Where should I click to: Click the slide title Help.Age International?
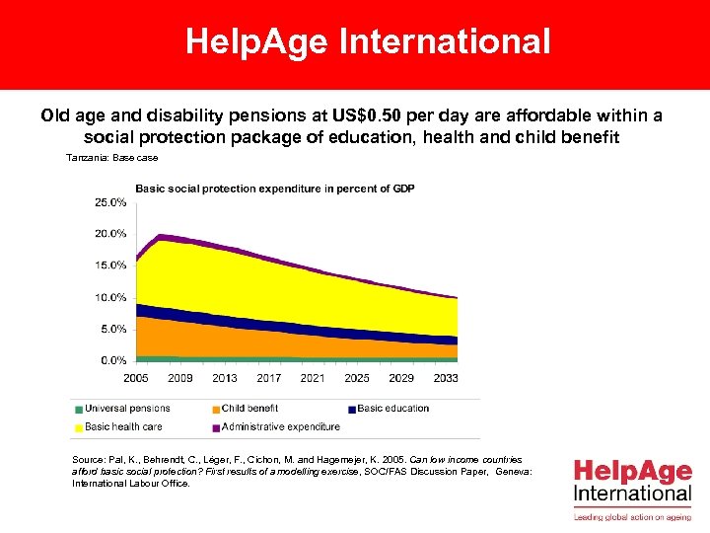coord(368,41)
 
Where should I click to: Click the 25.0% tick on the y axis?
coord(109,202)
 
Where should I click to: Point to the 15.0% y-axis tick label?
coord(109,266)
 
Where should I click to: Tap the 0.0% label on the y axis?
coord(111,360)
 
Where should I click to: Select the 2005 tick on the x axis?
coord(137,378)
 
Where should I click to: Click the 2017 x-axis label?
coord(269,378)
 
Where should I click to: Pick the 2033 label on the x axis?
coord(445,378)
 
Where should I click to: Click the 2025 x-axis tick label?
coord(357,378)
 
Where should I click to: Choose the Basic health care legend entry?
coord(123,427)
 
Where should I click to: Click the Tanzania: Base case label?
coord(111,158)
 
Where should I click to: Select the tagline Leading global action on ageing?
coord(633,516)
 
